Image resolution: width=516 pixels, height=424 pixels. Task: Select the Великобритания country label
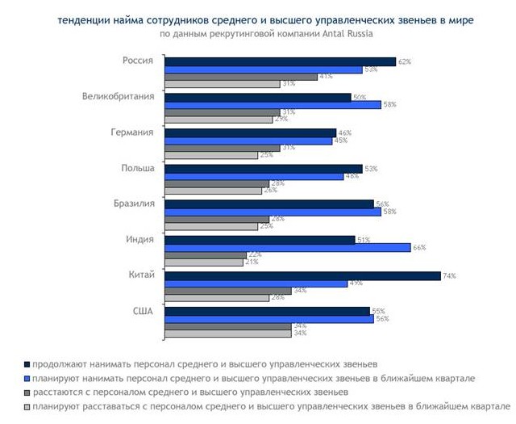[120, 97]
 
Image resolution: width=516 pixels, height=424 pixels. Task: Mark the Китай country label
[141, 275]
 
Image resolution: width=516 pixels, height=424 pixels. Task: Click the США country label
[145, 311]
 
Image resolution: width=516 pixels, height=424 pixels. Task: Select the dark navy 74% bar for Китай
[302, 275]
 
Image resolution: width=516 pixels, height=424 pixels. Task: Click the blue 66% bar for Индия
[287, 247]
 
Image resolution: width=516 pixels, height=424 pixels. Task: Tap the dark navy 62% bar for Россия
[280, 61]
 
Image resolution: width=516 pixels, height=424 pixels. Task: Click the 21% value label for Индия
[251, 262]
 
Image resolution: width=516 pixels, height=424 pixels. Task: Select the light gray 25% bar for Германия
[210, 155]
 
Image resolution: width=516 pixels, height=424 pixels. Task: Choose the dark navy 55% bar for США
[267, 311]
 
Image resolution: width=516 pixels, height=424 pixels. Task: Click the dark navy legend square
[27, 364]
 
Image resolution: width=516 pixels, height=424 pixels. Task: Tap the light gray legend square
[27, 405]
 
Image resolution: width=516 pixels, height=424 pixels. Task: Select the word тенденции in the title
[86, 20]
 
